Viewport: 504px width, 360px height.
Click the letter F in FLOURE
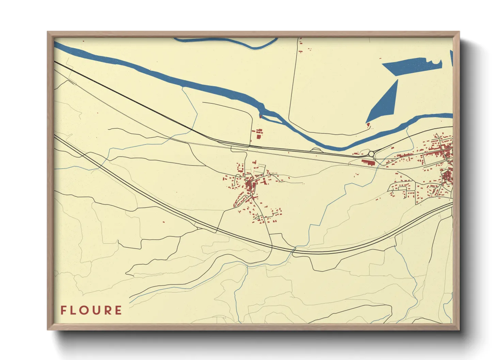tap(63, 310)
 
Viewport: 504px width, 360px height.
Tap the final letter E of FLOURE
tap(118, 310)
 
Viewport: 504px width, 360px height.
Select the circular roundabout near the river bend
tap(371, 154)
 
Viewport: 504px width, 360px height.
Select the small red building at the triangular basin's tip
tap(368, 125)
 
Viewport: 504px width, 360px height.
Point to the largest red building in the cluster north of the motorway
tap(258, 136)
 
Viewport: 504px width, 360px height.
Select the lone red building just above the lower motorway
tap(163, 222)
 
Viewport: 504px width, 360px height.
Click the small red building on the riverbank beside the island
tap(261, 116)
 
